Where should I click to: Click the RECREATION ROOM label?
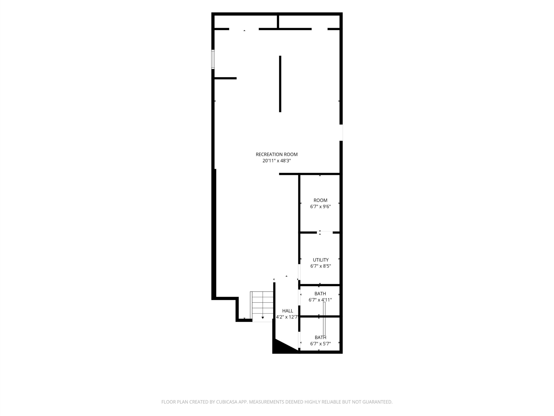[x=277, y=154]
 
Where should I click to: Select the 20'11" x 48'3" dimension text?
[x=277, y=161]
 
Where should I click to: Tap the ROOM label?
[x=320, y=200]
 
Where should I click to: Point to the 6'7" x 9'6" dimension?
[x=320, y=207]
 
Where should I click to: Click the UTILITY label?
[x=320, y=260]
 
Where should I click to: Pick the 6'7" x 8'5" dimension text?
[x=320, y=266]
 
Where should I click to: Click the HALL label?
[x=288, y=311]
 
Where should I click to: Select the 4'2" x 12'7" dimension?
[x=287, y=317]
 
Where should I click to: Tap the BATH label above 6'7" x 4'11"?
[x=320, y=294]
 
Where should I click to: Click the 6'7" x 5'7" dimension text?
[x=320, y=344]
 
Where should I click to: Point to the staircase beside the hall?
[x=262, y=306]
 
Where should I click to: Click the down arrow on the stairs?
[x=263, y=318]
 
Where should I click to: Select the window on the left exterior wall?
[x=213, y=59]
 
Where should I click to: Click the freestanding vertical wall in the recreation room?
[x=280, y=84]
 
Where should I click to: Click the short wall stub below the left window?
[x=225, y=78]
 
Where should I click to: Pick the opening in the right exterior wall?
[x=341, y=133]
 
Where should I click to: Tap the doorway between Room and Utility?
[x=325, y=232]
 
